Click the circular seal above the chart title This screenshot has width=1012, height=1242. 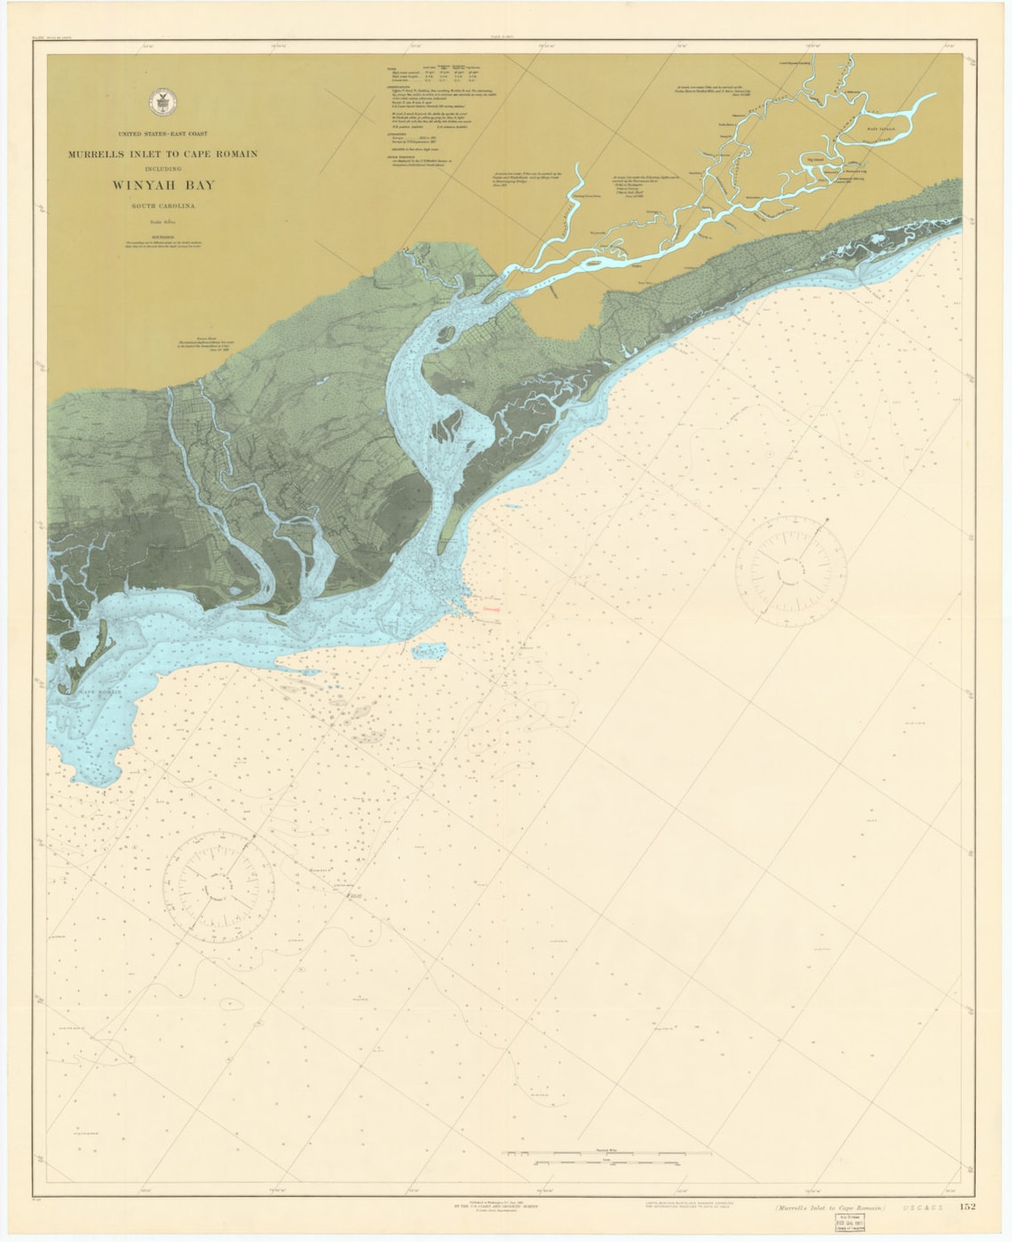162,99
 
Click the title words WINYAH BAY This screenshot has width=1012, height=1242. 162,186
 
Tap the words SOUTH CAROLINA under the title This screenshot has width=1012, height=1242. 162,206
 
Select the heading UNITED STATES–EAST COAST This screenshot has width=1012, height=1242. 162,133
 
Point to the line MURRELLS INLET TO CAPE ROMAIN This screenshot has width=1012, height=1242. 162,154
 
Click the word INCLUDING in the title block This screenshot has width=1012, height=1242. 162,167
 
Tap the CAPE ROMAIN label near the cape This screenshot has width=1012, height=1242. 99,692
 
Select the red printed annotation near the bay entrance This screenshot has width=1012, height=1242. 491,611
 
